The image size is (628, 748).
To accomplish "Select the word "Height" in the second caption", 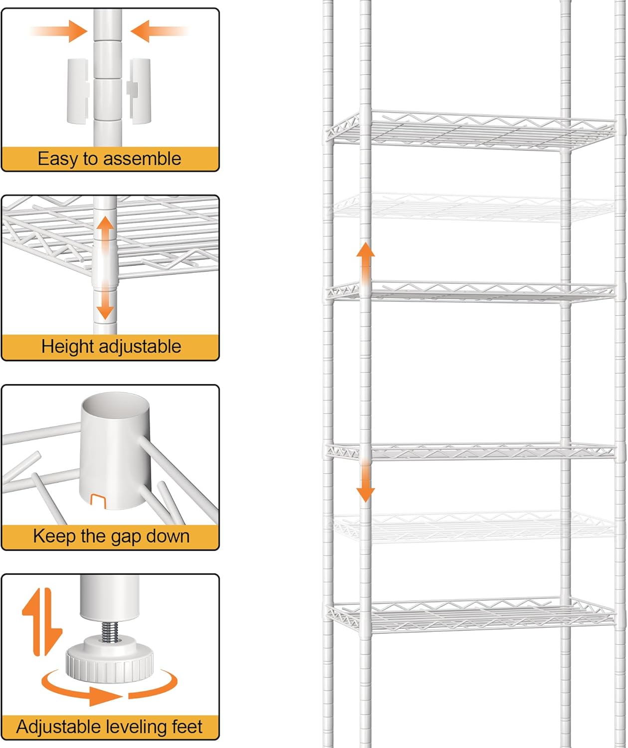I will [x=66, y=347].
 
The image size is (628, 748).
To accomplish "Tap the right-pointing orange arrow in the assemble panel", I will [x=65, y=31].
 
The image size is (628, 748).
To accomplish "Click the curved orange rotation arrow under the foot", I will [x=107, y=691].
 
